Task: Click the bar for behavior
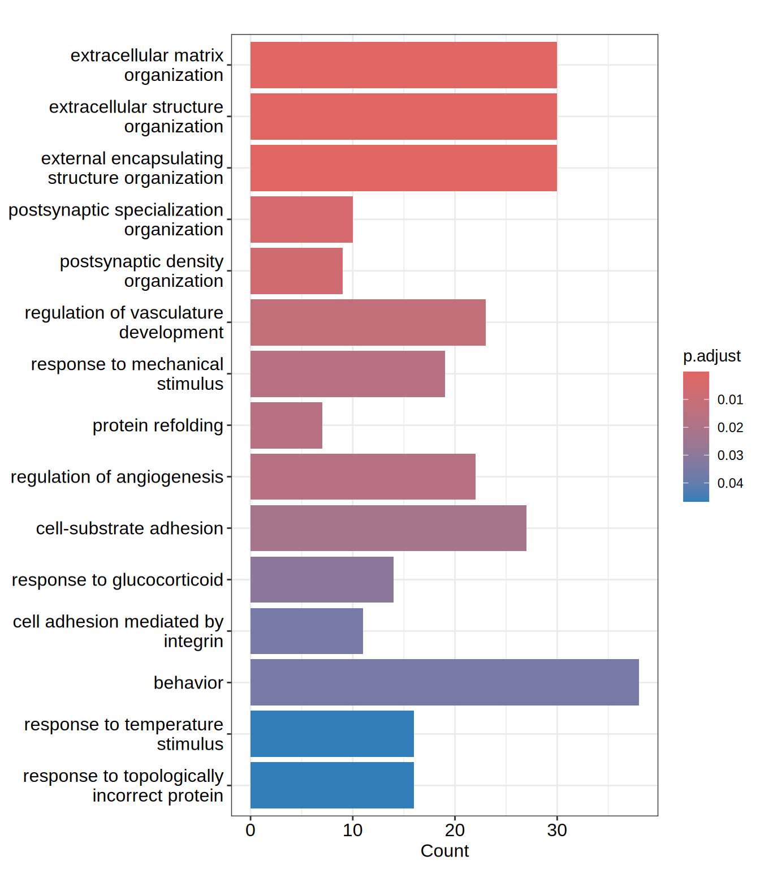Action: (444, 682)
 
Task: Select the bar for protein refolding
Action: (286, 425)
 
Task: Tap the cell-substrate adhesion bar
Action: (388, 528)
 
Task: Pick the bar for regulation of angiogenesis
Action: (362, 476)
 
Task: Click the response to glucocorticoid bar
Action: (322, 579)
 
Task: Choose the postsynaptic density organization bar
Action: (296, 271)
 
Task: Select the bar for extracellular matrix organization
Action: (403, 65)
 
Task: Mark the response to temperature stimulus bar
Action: (332, 734)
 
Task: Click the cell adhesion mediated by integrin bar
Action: (306, 631)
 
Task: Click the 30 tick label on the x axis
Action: (557, 830)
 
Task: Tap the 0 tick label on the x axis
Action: (251, 830)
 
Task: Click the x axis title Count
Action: (444, 851)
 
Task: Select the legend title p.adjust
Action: (711, 356)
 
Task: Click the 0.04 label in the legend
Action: (730, 483)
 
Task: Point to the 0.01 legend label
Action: (730, 399)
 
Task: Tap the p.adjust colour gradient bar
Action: (696, 436)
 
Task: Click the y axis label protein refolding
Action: (158, 425)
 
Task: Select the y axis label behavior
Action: (188, 683)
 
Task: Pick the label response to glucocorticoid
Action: (118, 580)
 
